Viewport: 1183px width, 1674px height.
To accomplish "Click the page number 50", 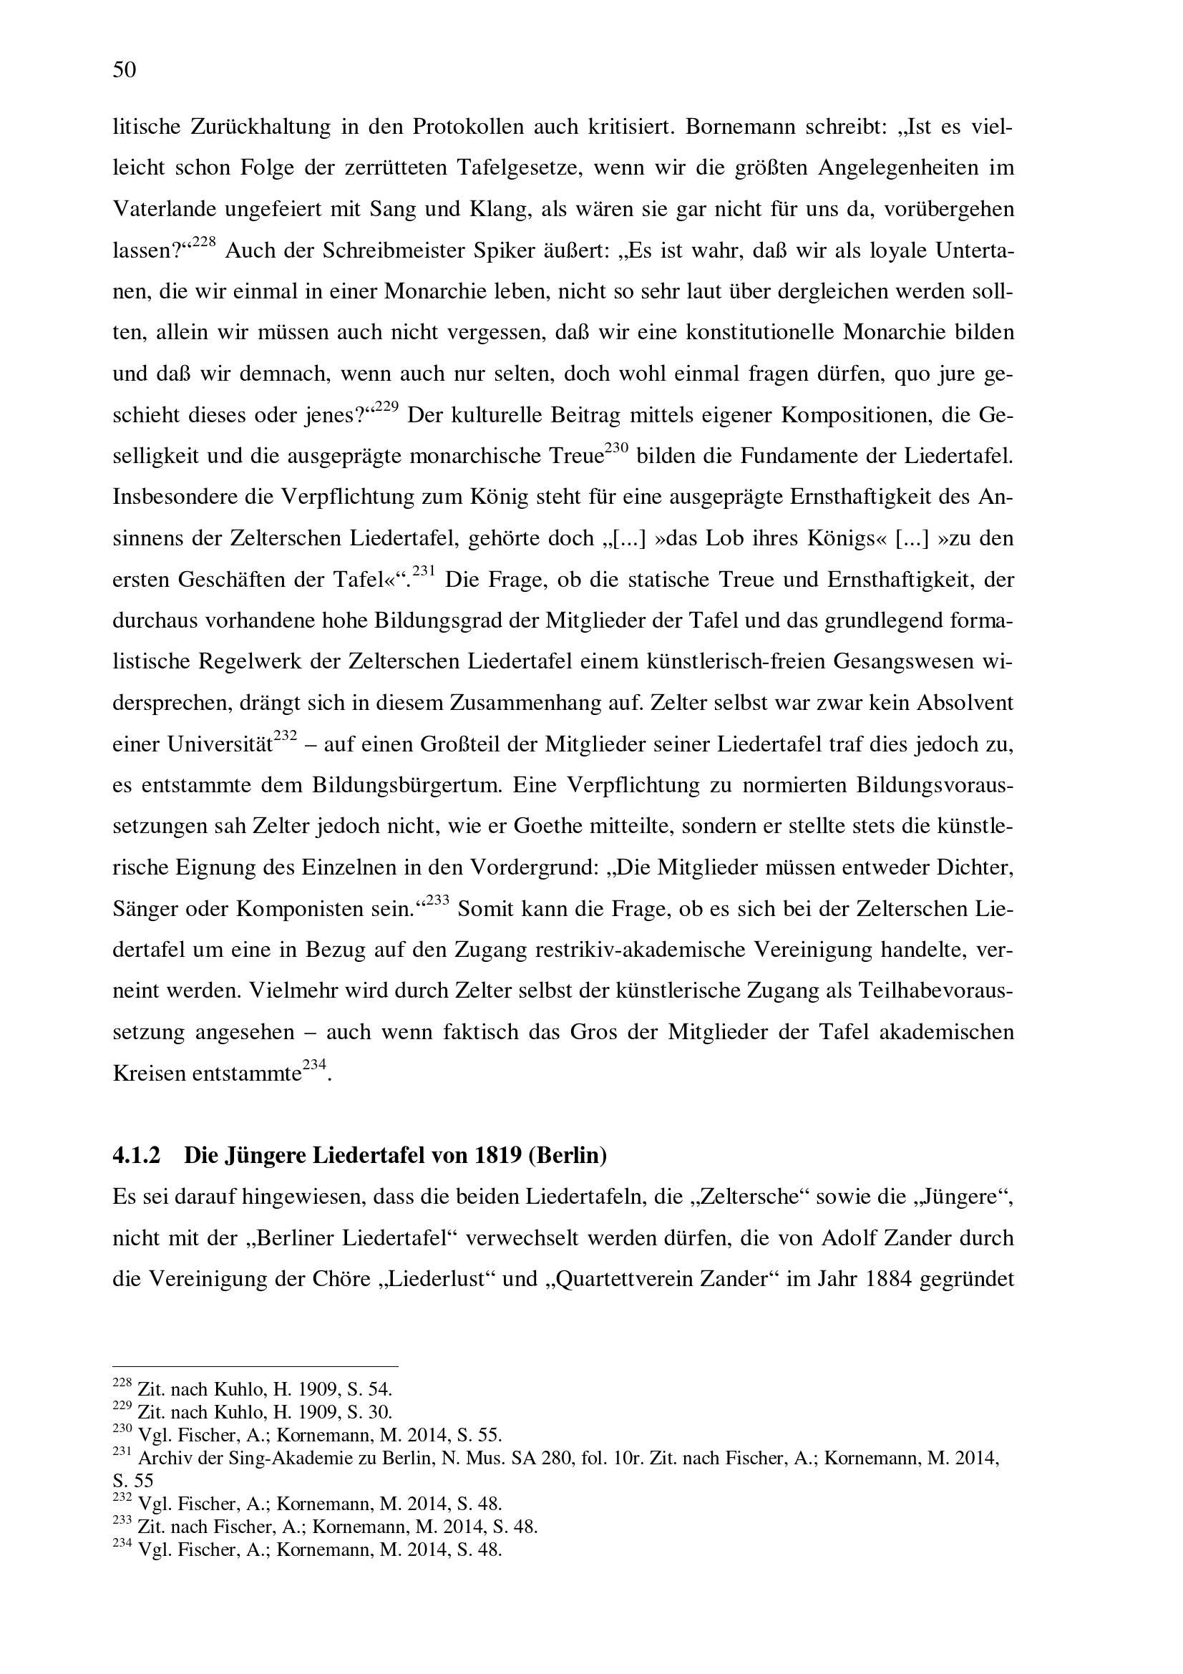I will click(x=125, y=70).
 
